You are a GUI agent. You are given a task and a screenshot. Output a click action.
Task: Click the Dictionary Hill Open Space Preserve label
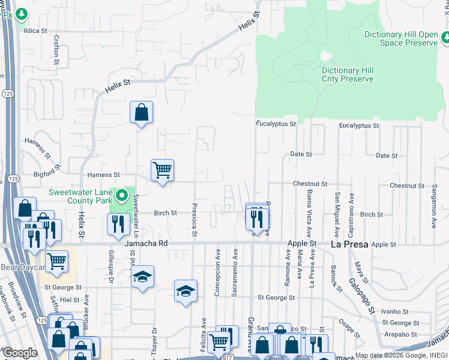401,38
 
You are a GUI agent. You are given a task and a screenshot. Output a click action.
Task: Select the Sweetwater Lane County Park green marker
122,196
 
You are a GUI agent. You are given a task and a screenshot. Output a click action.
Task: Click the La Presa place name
349,245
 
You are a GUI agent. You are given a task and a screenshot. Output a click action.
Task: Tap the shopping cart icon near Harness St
162,170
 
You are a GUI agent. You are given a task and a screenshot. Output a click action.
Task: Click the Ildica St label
35,30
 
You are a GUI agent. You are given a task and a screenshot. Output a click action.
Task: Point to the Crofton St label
56,49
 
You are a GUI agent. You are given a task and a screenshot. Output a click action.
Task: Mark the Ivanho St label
395,311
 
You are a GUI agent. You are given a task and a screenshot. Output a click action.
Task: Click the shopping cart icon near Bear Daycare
56,261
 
